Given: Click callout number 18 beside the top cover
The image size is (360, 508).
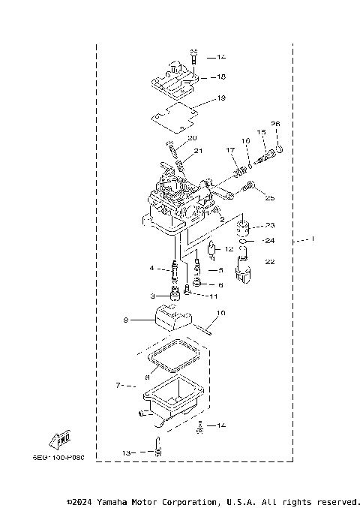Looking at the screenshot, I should click(x=221, y=77).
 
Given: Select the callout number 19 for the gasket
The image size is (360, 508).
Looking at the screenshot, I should click(x=221, y=98).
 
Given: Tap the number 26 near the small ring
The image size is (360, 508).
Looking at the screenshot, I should click(x=274, y=124).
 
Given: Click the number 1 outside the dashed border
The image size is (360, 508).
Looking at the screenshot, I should click(x=313, y=239).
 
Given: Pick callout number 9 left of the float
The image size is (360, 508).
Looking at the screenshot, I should click(x=127, y=320).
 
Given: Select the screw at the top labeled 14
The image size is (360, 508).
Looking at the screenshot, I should click(x=193, y=55).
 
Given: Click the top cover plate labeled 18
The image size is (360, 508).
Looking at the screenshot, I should click(x=174, y=80).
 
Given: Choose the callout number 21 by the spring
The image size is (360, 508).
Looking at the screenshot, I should click(x=199, y=151).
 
